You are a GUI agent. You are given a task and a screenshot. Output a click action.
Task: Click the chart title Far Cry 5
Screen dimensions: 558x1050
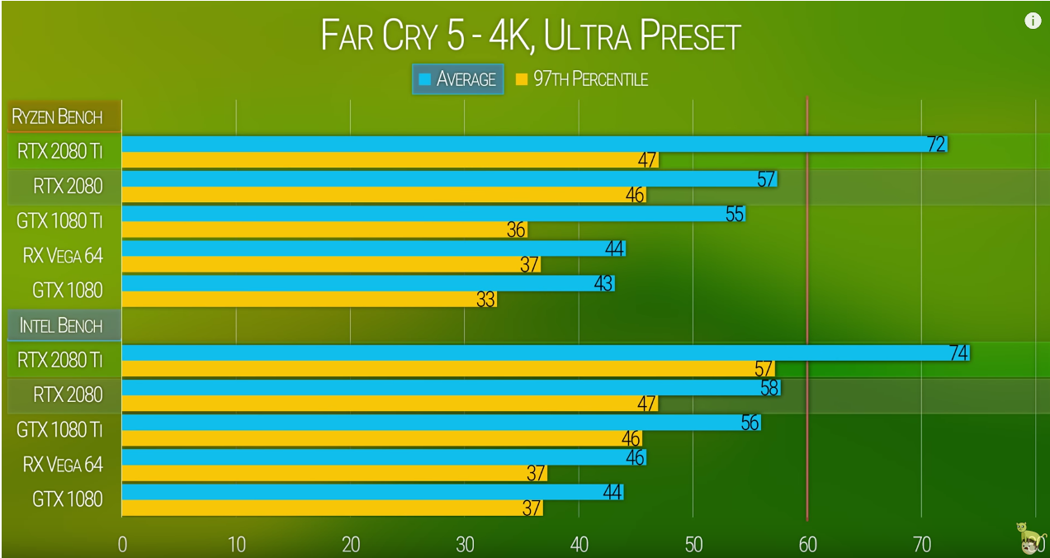(530, 36)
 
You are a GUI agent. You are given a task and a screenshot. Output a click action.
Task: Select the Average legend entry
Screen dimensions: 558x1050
(457, 79)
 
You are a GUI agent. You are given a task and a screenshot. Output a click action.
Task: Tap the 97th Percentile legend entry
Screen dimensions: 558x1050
(581, 79)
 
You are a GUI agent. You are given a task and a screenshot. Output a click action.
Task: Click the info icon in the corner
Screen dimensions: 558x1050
(1033, 21)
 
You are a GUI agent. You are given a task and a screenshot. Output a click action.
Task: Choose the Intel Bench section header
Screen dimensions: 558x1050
(61, 325)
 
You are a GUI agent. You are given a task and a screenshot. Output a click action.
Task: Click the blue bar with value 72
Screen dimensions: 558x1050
(528, 144)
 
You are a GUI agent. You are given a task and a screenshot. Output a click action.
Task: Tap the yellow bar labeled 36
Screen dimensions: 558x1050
(322, 229)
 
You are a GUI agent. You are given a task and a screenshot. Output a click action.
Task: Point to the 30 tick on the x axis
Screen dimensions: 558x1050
(465, 544)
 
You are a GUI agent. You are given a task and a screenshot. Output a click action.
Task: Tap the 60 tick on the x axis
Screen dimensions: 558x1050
(807, 544)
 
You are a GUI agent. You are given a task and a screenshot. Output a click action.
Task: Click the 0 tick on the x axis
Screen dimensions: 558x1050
(122, 544)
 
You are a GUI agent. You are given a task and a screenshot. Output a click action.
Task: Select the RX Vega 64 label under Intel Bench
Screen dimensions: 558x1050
(64, 465)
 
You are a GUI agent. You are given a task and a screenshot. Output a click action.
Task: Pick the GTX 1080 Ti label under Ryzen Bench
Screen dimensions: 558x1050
(60, 221)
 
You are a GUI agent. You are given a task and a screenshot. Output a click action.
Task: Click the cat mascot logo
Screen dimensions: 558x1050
(1029, 537)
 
